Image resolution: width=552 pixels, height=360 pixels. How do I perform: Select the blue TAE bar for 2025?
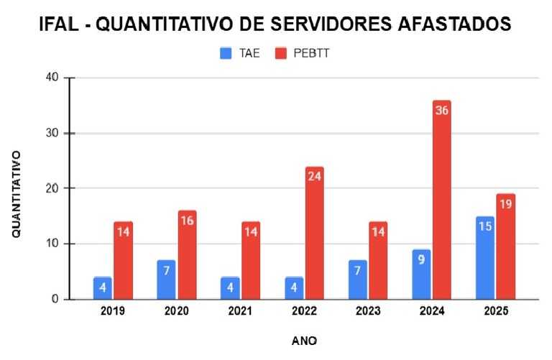pos(484,258)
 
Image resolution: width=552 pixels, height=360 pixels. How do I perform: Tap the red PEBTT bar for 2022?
pos(314,237)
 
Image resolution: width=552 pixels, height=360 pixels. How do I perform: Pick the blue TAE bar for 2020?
pos(165,280)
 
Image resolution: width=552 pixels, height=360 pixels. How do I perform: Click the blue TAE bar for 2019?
pos(102,288)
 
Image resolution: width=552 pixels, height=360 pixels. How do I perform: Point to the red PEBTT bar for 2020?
pos(187,255)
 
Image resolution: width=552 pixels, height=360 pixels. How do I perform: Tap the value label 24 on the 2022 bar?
pos(314,175)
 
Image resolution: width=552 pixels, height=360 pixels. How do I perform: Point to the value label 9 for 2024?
pos(420,258)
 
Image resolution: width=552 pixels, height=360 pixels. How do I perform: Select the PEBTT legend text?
pos(313,52)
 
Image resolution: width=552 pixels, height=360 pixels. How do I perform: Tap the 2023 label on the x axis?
pos(367,311)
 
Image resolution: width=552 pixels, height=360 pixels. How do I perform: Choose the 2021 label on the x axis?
pos(241,311)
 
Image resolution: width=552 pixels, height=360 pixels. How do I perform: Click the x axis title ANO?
pos(304,340)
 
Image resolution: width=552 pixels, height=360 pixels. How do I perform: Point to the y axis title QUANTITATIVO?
pos(16,194)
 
